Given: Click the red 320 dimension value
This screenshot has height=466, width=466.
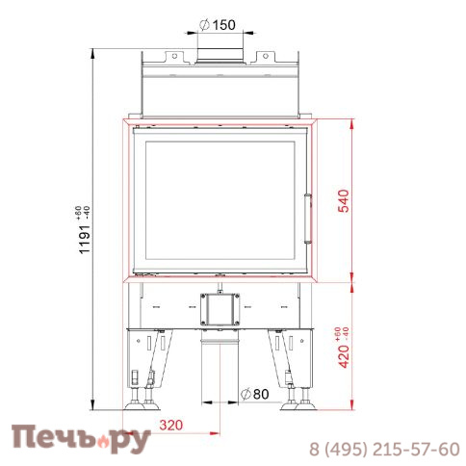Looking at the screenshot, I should click(170, 423).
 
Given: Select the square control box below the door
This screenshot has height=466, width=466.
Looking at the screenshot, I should click(219, 308).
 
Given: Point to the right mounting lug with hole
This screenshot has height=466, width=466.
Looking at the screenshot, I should click(262, 55).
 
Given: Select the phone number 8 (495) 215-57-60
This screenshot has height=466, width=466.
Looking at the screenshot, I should click(383, 449).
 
